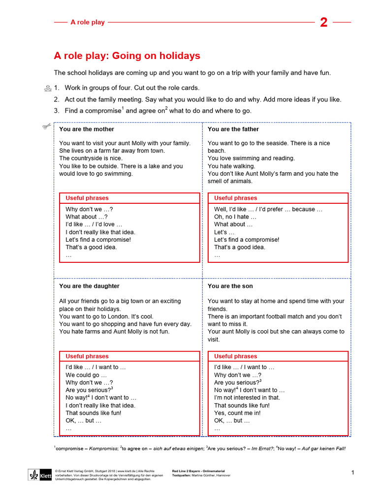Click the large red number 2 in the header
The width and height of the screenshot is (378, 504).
tap(323, 22)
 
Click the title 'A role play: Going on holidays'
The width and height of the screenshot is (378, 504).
tap(127, 56)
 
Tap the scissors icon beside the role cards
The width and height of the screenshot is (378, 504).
tap(47, 127)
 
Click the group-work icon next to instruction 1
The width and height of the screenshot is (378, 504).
tap(47, 89)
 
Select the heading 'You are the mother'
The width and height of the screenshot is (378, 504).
tap(87, 129)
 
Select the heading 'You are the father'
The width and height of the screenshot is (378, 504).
tap(233, 129)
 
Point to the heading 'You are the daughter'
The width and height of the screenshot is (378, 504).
tap(89, 286)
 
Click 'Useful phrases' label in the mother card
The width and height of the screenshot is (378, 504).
tap(87, 198)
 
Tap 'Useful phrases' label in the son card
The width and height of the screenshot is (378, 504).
tap(236, 356)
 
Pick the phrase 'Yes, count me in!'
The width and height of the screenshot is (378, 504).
tap(238, 413)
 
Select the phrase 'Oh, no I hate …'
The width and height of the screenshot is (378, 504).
tap(235, 217)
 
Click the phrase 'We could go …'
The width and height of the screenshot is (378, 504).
tap(86, 375)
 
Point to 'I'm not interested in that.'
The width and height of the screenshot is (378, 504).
tap(247, 398)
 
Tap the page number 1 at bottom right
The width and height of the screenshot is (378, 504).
tap(352, 472)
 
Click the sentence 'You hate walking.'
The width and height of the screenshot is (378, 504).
tap(231, 166)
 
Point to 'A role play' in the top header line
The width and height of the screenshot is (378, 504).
tap(88, 22)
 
